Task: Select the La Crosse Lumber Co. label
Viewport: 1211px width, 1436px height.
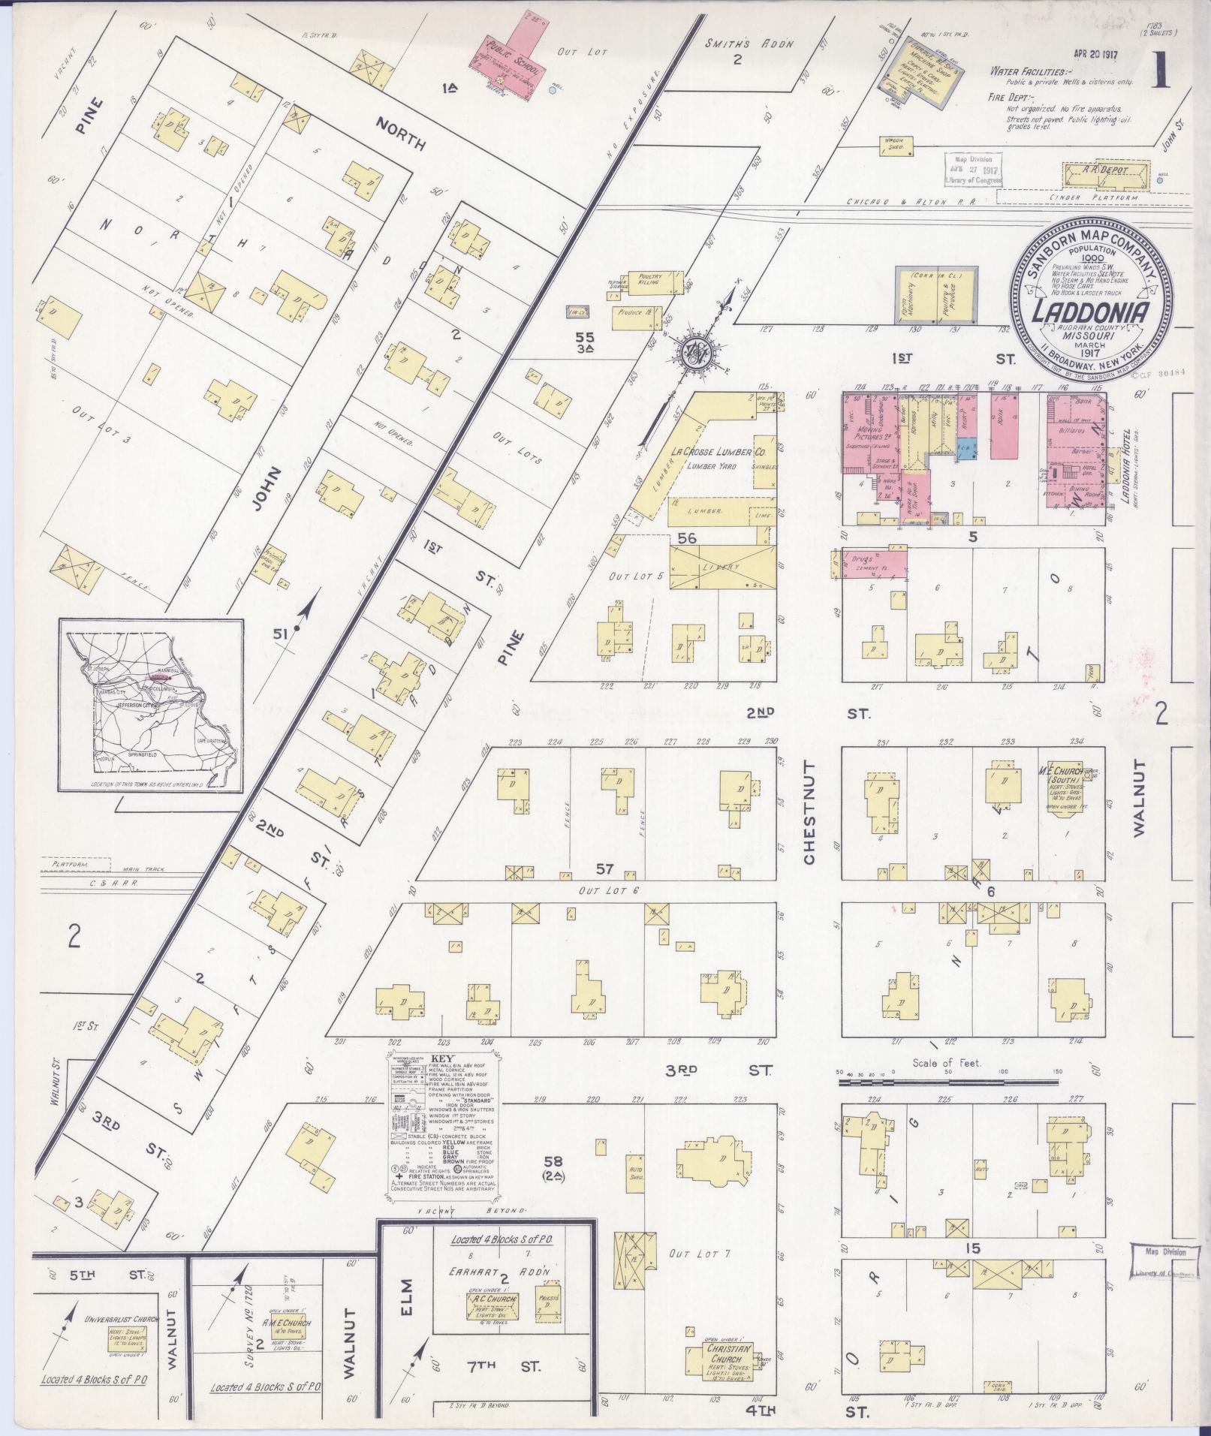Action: click(x=718, y=453)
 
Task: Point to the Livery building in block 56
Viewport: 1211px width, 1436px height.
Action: click(x=721, y=565)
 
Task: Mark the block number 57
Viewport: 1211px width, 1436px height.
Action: click(x=605, y=869)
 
